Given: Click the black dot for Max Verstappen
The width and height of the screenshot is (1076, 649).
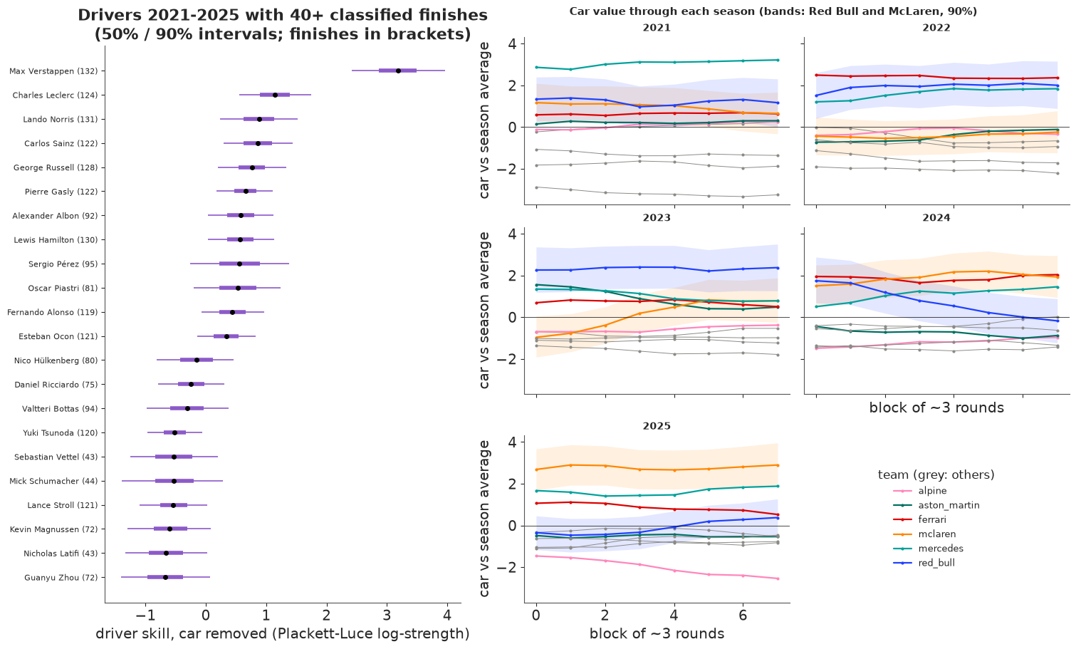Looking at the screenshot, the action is tap(398, 71).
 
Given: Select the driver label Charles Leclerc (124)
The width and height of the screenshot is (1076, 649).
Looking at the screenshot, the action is tap(55, 95).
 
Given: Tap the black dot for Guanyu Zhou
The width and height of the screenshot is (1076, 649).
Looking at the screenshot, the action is tap(166, 577).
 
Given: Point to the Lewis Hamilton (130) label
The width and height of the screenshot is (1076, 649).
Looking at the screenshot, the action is tap(56, 239).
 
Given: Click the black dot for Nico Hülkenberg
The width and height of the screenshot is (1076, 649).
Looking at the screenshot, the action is tap(197, 360).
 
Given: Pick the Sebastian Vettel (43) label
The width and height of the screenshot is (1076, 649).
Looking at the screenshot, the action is tap(56, 457).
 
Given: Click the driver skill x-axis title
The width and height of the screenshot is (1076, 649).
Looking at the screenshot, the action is tap(283, 633).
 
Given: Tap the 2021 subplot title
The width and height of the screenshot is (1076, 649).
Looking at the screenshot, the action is tap(657, 27).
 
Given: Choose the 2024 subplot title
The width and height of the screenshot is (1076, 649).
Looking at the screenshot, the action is tap(936, 217).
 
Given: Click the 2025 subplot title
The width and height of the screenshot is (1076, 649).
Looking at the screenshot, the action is tap(657, 425).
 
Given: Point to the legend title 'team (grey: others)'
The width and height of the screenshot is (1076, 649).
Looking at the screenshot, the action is tap(936, 474).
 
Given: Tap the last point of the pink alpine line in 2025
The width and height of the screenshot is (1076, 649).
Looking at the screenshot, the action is tap(778, 578).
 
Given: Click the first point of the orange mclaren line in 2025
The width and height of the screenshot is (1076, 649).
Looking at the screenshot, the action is tap(536, 469).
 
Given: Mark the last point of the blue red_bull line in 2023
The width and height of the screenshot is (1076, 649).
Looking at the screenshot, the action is tap(778, 268).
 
